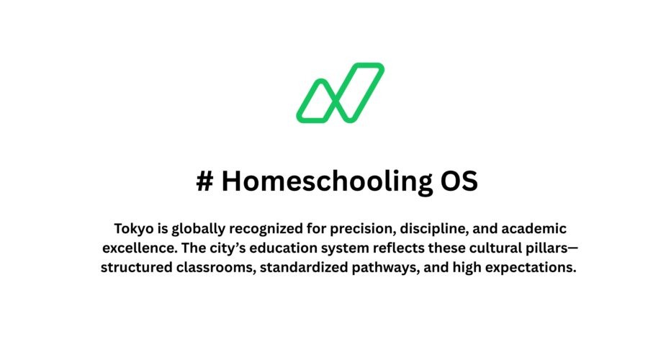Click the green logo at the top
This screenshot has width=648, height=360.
pyautogui.click(x=339, y=92)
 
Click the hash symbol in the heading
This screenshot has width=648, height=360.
pyautogui.click(x=204, y=181)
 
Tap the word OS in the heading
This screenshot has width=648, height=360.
pyautogui.click(x=459, y=181)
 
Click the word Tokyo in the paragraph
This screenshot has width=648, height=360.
pyautogui.click(x=133, y=229)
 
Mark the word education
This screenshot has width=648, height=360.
pyautogui.click(x=294, y=249)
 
